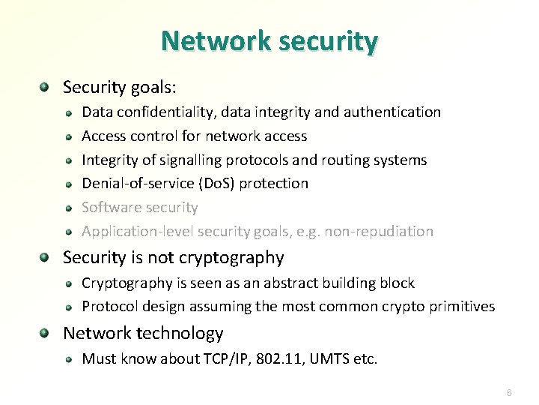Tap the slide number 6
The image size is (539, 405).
[x=509, y=393]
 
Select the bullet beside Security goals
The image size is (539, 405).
[x=46, y=88]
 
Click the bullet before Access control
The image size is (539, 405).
[x=68, y=136]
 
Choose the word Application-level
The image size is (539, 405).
[x=132, y=232]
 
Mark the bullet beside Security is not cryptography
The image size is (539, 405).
[x=46, y=258]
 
